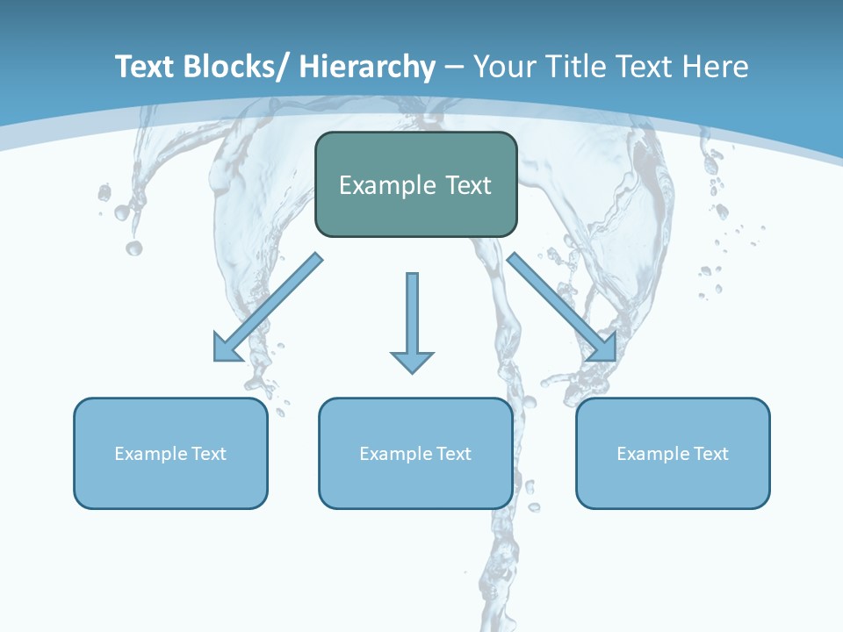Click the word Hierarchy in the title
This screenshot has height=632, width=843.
click(366, 67)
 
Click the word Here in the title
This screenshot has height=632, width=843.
click(713, 67)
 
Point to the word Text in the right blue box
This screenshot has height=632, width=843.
click(711, 454)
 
